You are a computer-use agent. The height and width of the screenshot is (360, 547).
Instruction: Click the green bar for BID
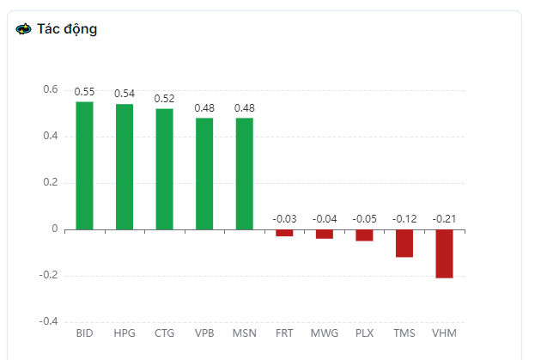click(84, 166)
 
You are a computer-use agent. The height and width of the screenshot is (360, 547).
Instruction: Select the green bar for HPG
click(125, 167)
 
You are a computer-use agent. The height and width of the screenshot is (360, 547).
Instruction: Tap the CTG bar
click(164, 169)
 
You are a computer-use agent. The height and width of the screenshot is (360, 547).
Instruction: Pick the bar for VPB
click(204, 174)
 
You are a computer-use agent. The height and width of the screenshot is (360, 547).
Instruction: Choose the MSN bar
click(244, 174)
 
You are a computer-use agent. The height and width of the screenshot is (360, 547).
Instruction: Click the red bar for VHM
click(444, 253)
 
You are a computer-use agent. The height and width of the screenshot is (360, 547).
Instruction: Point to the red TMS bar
click(404, 243)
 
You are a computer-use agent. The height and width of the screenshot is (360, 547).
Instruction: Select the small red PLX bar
click(364, 235)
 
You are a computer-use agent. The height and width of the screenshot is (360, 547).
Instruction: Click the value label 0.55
click(84, 91)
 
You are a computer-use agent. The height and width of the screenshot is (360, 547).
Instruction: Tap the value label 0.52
click(164, 98)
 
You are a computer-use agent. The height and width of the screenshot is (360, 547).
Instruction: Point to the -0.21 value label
click(444, 219)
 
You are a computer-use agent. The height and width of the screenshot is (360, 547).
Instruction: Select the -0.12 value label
click(404, 219)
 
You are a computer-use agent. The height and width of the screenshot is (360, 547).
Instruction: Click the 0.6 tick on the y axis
click(50, 89)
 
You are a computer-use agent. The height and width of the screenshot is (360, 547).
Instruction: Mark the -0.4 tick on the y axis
click(48, 321)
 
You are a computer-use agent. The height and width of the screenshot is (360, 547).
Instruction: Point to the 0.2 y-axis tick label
click(50, 182)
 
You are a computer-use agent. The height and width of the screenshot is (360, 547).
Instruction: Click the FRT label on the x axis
click(284, 333)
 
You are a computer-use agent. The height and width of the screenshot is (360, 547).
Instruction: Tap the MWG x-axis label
click(324, 333)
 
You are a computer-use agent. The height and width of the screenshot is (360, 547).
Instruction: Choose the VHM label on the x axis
click(444, 333)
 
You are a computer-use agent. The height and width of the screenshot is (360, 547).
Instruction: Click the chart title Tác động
click(67, 29)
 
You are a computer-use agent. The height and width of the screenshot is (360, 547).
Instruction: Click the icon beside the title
click(24, 29)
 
